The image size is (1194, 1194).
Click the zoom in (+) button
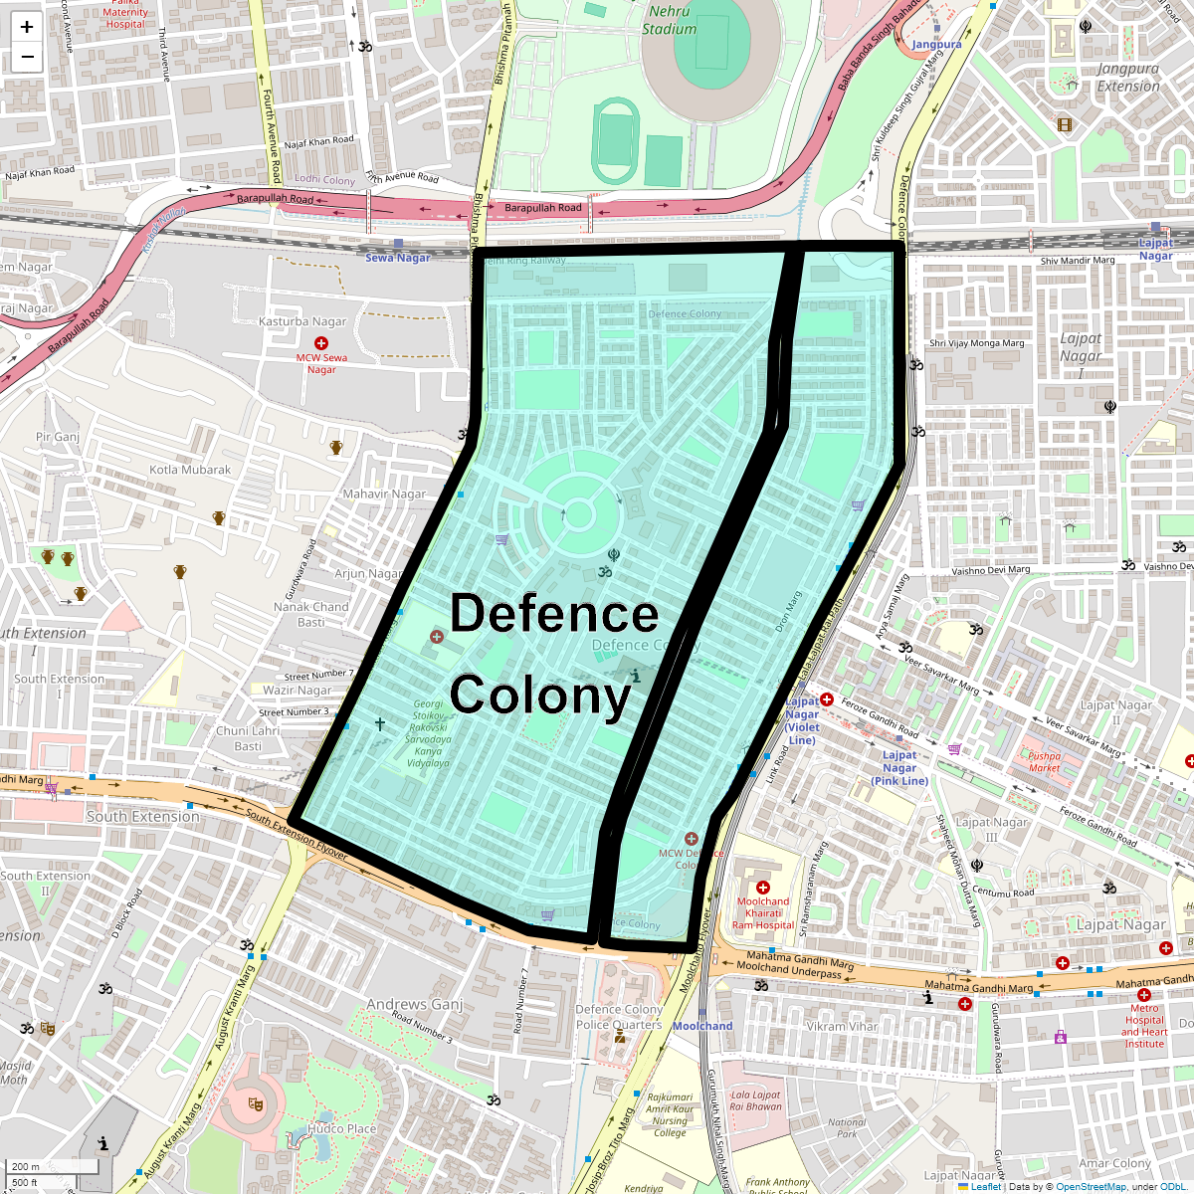[x=27, y=28]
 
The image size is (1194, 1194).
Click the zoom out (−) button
[x=27, y=57]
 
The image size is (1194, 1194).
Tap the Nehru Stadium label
[x=669, y=20]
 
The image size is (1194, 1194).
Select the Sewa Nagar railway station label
[x=398, y=258]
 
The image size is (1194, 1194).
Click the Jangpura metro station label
[x=937, y=45]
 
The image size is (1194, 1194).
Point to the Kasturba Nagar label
[x=302, y=321]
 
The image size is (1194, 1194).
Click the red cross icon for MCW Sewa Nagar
[x=321, y=343]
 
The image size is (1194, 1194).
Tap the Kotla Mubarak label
[x=190, y=470]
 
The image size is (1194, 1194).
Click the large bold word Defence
[x=554, y=614]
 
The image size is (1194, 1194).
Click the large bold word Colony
[x=540, y=696]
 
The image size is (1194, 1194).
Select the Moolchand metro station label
[x=702, y=1026]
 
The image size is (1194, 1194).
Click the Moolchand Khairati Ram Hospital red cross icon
[x=763, y=888]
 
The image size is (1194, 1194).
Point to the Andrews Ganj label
[x=415, y=1004]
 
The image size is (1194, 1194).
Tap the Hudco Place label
[x=341, y=1129]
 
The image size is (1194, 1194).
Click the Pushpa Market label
[x=1044, y=761]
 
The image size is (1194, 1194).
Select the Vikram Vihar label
[x=842, y=1026]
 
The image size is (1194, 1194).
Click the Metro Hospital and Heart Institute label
[x=1144, y=1026]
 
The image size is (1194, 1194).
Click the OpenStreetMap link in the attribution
[x=1091, y=1186]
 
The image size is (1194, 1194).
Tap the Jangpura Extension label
[x=1128, y=78]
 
